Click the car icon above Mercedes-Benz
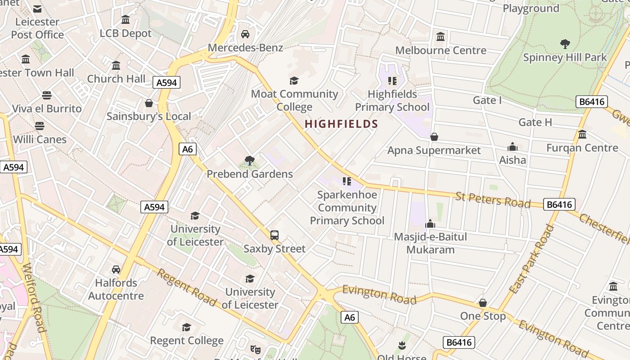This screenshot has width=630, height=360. [245, 34]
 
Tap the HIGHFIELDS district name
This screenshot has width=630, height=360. [341, 124]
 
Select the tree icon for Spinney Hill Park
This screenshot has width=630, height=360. [565, 44]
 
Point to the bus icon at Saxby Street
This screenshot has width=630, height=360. [274, 235]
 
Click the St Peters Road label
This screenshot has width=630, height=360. [493, 200]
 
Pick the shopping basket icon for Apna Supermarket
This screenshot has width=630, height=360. [434, 137]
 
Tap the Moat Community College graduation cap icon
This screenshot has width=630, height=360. [294, 81]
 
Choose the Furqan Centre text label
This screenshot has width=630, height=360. [582, 148]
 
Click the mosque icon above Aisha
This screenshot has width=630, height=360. [513, 147]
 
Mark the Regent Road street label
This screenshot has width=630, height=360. [187, 287]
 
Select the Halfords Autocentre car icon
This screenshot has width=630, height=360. [116, 270]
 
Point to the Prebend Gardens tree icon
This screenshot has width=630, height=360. [250, 161]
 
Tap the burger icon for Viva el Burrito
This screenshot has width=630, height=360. [47, 95]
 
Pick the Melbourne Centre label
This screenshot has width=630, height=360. [441, 50]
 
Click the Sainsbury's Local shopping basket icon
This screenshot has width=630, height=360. [149, 103]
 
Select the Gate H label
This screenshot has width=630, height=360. [535, 122]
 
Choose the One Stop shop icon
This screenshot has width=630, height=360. [483, 303]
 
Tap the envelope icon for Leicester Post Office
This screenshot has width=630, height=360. [37, 9]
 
